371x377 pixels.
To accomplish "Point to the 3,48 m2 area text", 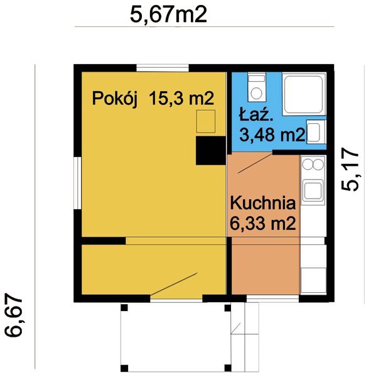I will [x=272, y=134].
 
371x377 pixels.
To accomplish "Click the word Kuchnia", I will [x=262, y=203].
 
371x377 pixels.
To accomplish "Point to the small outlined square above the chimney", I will [x=206, y=121].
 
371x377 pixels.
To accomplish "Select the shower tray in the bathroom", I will [x=304, y=94].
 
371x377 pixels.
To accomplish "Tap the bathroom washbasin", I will [x=316, y=133].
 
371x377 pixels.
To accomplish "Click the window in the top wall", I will [x=163, y=68].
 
